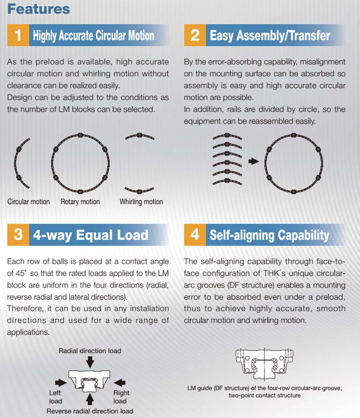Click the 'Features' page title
[x=39, y=9]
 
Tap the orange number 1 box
[x=18, y=35]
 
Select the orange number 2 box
[x=194, y=35]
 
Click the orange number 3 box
[x=18, y=235]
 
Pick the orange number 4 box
[x=194, y=235]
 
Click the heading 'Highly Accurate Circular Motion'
[x=94, y=36]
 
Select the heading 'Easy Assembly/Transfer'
[x=270, y=36]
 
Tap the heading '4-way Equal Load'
[x=90, y=235]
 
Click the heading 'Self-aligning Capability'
[x=269, y=235]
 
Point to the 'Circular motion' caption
[x=29, y=202]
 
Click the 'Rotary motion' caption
[x=80, y=202]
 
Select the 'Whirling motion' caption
[x=141, y=202]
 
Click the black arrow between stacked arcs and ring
[x=254, y=161]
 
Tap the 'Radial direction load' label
[x=90, y=350]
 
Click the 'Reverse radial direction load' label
[x=90, y=411]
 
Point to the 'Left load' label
[x=55, y=397]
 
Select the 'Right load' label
[x=121, y=397]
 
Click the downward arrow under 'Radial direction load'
[x=90, y=361]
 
